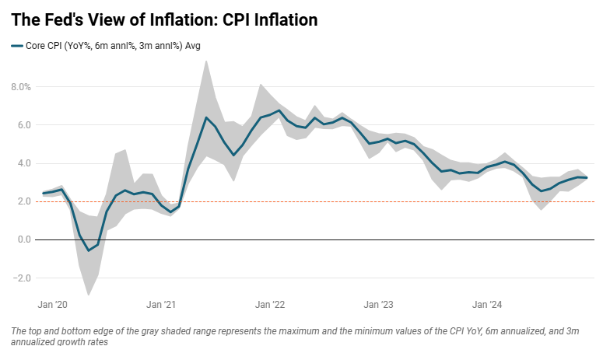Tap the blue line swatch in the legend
tap(18, 46)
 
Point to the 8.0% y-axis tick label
tap(19, 87)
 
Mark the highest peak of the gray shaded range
tap(206, 61)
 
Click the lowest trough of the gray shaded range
tap(89, 295)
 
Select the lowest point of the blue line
tap(89, 250)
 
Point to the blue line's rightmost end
tap(587, 178)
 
